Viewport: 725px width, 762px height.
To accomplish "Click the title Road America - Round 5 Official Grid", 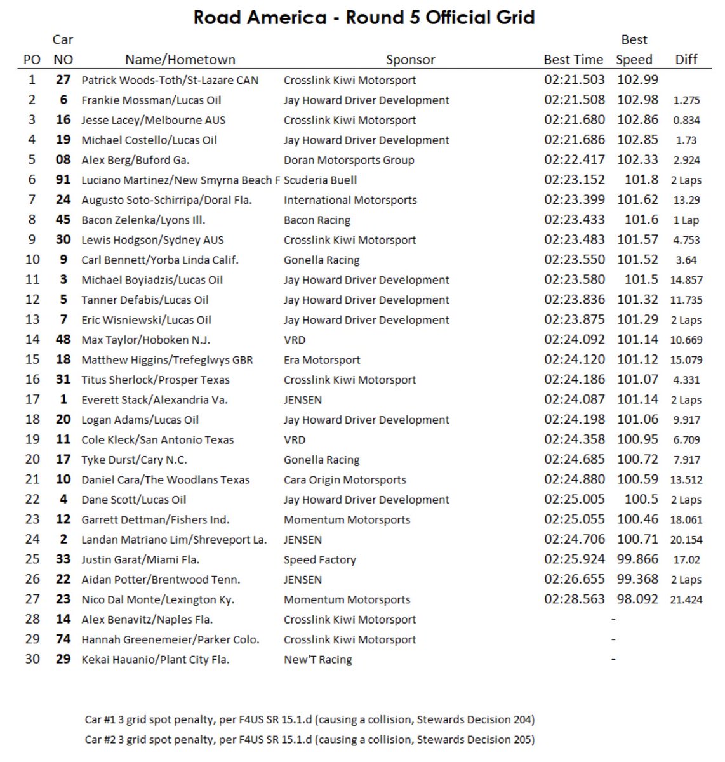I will (x=364, y=17).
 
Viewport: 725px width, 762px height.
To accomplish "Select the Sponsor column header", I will (x=410, y=60).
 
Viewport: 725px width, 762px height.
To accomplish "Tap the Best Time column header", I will (x=573, y=60).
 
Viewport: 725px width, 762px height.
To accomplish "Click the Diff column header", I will (x=686, y=60).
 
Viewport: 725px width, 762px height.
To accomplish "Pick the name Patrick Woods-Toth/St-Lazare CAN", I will (x=170, y=80).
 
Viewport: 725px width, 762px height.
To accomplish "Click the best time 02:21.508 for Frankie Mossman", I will (x=574, y=100).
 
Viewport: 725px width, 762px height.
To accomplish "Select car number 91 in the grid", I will (x=63, y=180).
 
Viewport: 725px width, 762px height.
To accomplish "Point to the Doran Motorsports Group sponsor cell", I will (x=349, y=160).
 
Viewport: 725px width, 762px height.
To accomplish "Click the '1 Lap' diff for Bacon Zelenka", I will (x=686, y=220).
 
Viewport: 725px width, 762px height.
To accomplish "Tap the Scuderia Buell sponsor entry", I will (x=320, y=180).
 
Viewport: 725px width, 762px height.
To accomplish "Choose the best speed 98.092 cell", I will (x=637, y=599).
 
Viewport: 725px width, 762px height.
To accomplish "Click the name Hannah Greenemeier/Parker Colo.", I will (x=170, y=639).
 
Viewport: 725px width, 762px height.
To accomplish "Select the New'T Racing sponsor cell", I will (x=317, y=659).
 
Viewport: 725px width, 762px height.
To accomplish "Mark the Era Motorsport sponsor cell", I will (x=321, y=360).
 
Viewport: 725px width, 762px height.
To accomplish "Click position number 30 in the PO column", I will (x=32, y=659).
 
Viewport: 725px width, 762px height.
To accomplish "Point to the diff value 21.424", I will (x=686, y=599).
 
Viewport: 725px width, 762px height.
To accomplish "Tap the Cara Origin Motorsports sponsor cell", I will (x=345, y=479).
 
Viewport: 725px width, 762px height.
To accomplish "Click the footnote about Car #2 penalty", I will (x=309, y=739).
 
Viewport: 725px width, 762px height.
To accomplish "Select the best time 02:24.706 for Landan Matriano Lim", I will (x=574, y=539).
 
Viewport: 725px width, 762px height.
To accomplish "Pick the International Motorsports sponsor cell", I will (x=350, y=200).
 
